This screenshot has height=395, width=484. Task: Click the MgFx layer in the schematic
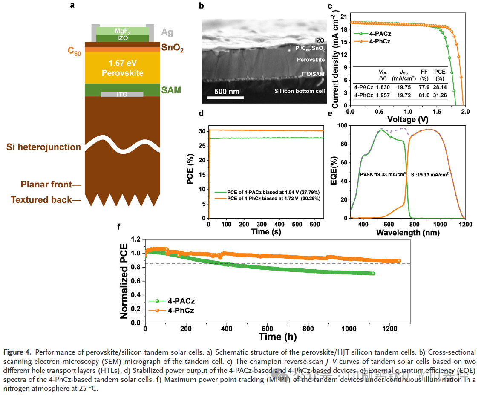pyautogui.click(x=122, y=31)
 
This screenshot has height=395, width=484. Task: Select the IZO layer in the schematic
pyautogui.click(x=122, y=38)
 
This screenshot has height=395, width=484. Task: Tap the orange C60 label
pyautogui.click(x=74, y=52)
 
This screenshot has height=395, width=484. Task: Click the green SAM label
pyautogui.click(x=171, y=90)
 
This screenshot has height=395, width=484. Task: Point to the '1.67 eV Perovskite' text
pyautogui.click(x=122, y=68)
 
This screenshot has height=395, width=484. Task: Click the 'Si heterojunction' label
pyautogui.click(x=43, y=147)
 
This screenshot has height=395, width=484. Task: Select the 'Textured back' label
pyautogui.click(x=41, y=199)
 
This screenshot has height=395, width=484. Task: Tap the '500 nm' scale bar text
pyautogui.click(x=226, y=92)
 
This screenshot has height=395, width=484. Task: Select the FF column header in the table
pyautogui.click(x=423, y=72)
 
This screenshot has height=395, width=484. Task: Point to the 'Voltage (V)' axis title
pyautogui.click(x=408, y=120)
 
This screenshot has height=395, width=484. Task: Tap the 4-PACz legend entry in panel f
pyautogui.click(x=176, y=301)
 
